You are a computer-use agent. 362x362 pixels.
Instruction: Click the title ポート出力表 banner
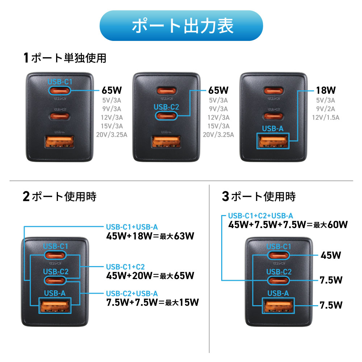[x=181, y=26]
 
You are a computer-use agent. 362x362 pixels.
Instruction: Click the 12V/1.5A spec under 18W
[x=326, y=117]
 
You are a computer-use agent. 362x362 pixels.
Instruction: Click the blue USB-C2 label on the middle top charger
[x=166, y=107]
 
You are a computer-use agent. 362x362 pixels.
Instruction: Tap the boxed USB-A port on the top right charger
[x=273, y=141]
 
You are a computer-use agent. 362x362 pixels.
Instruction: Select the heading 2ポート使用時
[x=59, y=197]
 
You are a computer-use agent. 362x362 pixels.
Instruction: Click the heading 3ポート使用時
[x=258, y=197]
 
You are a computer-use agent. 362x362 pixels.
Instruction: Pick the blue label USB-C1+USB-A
[x=132, y=227]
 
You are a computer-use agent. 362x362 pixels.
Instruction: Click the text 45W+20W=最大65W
[x=150, y=276]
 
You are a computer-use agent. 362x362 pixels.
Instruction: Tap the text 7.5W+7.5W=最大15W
[x=152, y=302]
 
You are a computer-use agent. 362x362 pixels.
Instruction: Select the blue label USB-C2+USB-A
[x=132, y=293]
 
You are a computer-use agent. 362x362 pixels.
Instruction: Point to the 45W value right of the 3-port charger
[x=331, y=256]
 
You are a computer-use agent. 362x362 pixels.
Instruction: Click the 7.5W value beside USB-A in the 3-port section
[x=331, y=305]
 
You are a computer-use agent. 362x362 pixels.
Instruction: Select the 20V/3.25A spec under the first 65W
[x=113, y=135]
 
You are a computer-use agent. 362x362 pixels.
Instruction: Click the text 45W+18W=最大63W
[x=150, y=236]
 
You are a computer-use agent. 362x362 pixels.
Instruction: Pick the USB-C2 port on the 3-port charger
[x=278, y=281]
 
